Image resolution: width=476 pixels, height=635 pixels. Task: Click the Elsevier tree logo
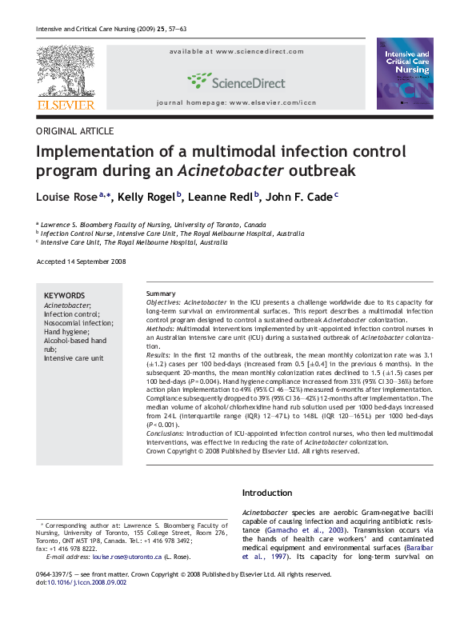pyautogui.click(x=65, y=70)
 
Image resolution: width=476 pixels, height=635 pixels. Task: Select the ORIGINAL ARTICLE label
pyautogui.click(x=75, y=131)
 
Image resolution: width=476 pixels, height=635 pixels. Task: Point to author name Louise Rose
pyautogui.click(x=67, y=198)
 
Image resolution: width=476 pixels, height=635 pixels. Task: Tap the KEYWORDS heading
pyautogui.click(x=64, y=295)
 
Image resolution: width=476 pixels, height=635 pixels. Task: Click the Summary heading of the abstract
pyautogui.click(x=161, y=294)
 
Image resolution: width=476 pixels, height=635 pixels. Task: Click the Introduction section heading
pyautogui.click(x=267, y=493)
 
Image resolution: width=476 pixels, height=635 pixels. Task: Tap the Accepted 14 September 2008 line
pyautogui.click(x=82, y=262)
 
